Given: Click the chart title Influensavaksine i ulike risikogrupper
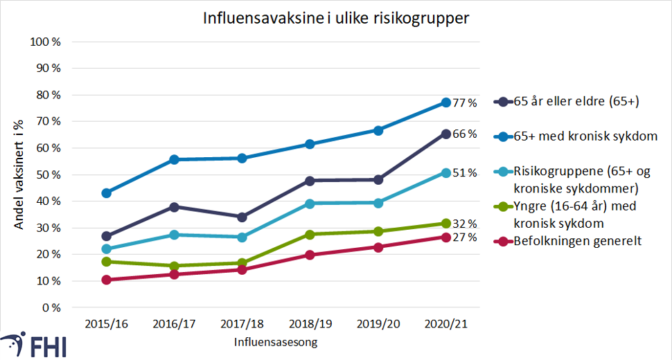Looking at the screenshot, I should [336, 19].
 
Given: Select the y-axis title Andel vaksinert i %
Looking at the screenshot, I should [21, 174].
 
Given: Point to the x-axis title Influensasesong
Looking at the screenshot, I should [276, 342].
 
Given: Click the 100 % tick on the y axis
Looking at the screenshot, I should [46, 42].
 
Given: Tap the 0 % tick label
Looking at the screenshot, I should [51, 307].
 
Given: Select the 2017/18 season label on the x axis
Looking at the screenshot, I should [242, 324].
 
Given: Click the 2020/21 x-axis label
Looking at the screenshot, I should [446, 324].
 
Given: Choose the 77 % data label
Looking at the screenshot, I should [466, 103].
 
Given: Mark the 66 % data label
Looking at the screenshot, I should [466, 134].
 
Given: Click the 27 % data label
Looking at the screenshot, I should [466, 237].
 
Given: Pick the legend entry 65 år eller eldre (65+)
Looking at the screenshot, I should [576, 102].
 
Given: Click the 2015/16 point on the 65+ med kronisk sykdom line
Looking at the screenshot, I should [107, 193].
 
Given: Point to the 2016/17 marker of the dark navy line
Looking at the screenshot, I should [175, 207].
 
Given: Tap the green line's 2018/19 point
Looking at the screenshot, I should [310, 235].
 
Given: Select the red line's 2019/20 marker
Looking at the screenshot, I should [378, 247].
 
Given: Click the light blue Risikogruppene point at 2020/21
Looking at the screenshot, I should [446, 173].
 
